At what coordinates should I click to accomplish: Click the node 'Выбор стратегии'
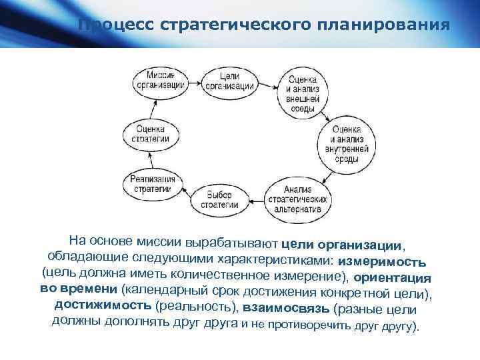pyautogui.click(x=218, y=199)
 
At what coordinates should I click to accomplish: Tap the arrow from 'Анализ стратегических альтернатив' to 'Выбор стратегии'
pyautogui.click(x=257, y=198)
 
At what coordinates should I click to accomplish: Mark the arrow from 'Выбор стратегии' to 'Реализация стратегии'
pyautogui.click(x=186, y=193)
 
